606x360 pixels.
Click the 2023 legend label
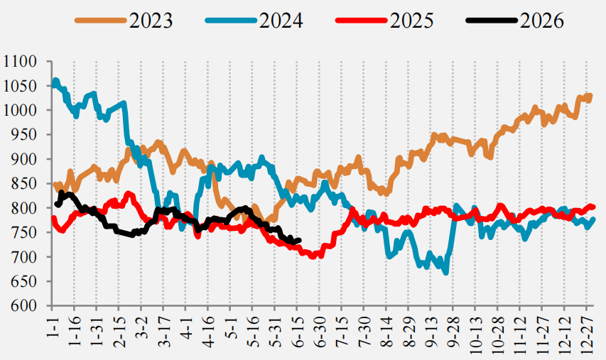click(x=151, y=21)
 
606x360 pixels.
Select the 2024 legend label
click(x=281, y=21)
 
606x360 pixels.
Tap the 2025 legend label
click(x=411, y=21)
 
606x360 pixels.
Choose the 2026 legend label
click(x=542, y=21)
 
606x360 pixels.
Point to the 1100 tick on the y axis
click(x=19, y=61)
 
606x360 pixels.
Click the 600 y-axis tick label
click(x=24, y=305)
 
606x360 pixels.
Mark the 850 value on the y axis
click(x=24, y=183)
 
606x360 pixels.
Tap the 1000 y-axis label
click(x=19, y=110)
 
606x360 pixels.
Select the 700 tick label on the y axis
click(x=24, y=257)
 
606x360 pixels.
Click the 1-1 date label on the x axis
click(x=52, y=327)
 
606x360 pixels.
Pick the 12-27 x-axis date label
click(x=586, y=333)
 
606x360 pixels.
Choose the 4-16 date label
click(x=207, y=330)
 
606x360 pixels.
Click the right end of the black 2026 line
click(x=299, y=240)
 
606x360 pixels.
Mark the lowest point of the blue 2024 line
click(x=446, y=273)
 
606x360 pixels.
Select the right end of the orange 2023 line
click(x=590, y=95)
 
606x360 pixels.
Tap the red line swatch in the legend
click(x=362, y=21)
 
